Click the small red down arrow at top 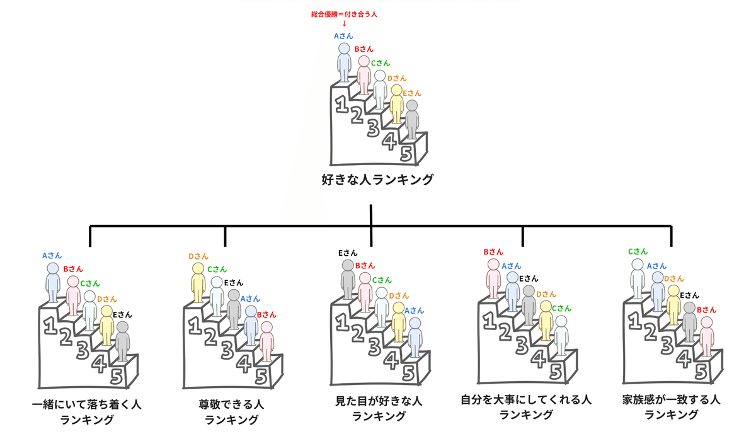(x=344, y=24)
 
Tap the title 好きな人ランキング (x=377, y=180)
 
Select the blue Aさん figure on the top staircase (x=344, y=62)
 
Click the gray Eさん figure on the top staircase (x=412, y=120)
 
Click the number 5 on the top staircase (x=406, y=153)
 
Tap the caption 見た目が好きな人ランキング (x=378, y=408)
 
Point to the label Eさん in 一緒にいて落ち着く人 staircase (x=122, y=314)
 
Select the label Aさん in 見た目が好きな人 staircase (x=414, y=311)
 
